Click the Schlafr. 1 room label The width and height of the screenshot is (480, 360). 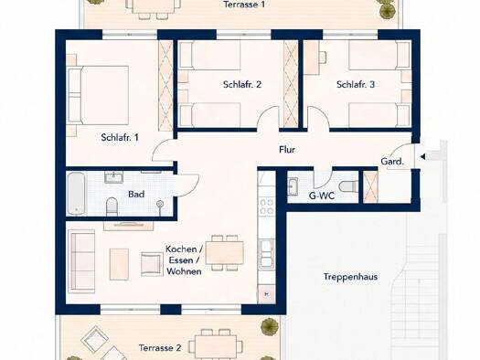point(120,137)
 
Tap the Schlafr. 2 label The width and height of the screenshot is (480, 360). point(242,84)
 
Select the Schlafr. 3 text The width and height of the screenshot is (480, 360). point(356,84)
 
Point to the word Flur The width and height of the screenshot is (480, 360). point(287,150)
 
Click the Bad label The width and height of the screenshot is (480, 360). point(136,194)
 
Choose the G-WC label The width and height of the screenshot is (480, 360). point(322,196)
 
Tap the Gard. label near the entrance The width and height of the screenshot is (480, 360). point(392,161)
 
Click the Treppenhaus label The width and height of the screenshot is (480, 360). point(350,277)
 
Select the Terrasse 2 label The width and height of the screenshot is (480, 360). point(160,348)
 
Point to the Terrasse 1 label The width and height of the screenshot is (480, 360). point(244,5)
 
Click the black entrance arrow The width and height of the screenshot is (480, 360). point(422,157)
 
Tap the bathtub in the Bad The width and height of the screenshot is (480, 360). point(75,194)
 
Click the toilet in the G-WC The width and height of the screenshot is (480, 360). point(348,186)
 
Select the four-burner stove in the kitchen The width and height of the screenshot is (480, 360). point(266,206)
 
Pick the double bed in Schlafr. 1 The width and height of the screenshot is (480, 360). point(98,95)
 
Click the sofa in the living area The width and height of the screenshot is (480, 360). point(81,261)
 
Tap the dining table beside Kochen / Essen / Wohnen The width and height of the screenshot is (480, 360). point(225,253)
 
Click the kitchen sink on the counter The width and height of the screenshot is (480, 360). point(266,253)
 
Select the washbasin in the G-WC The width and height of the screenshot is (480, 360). point(293,186)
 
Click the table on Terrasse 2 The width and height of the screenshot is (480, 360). point(216,347)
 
